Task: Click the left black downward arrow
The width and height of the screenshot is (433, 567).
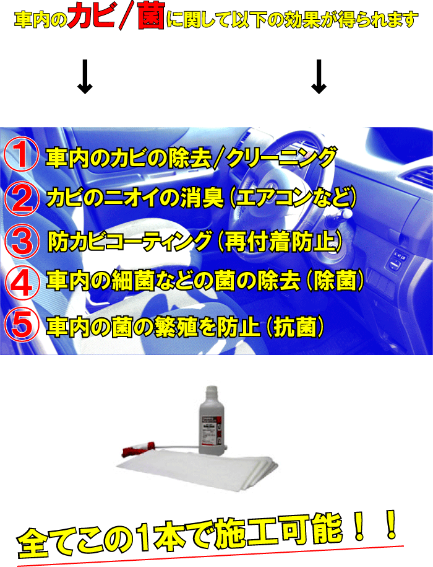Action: pyautogui.click(x=85, y=77)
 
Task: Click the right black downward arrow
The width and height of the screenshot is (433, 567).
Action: pyautogui.click(x=319, y=77)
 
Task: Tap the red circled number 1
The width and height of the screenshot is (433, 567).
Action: pyautogui.click(x=22, y=155)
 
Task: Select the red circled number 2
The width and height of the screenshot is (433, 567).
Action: pyautogui.click(x=22, y=198)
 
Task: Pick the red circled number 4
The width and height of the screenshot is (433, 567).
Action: pyautogui.click(x=22, y=283)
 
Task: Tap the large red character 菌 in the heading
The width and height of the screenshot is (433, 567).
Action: pyautogui.click(x=151, y=16)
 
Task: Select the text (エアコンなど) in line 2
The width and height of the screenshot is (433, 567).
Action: pyautogui.click(x=292, y=198)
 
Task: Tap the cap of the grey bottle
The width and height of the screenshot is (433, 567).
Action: pyautogui.click(x=211, y=391)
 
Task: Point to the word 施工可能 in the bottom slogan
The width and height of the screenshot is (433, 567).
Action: pyautogui.click(x=278, y=529)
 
